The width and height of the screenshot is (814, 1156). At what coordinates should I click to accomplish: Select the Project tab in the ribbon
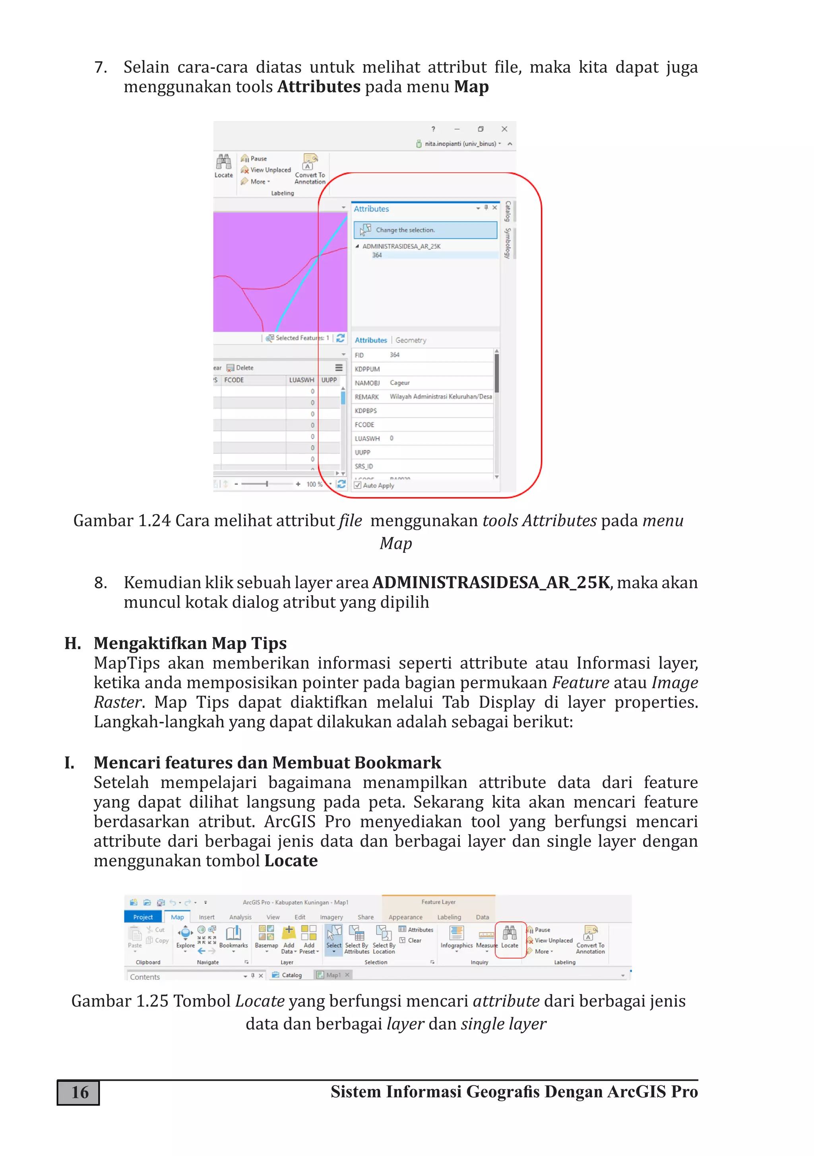pyautogui.click(x=143, y=917)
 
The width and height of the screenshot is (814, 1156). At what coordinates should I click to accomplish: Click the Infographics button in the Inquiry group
pyautogui.click(x=456, y=937)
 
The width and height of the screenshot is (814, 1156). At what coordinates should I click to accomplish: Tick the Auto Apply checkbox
pyautogui.click(x=358, y=485)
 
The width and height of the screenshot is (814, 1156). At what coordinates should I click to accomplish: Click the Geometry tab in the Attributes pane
pyautogui.click(x=411, y=340)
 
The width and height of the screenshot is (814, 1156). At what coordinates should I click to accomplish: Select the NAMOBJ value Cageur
pyautogui.click(x=400, y=383)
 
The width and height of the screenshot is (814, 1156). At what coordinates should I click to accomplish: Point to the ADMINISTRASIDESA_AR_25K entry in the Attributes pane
pyautogui.click(x=401, y=246)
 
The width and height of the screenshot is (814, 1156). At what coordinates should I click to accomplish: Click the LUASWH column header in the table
pyautogui.click(x=301, y=380)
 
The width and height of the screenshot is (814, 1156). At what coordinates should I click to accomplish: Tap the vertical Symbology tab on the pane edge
pyautogui.click(x=508, y=244)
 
